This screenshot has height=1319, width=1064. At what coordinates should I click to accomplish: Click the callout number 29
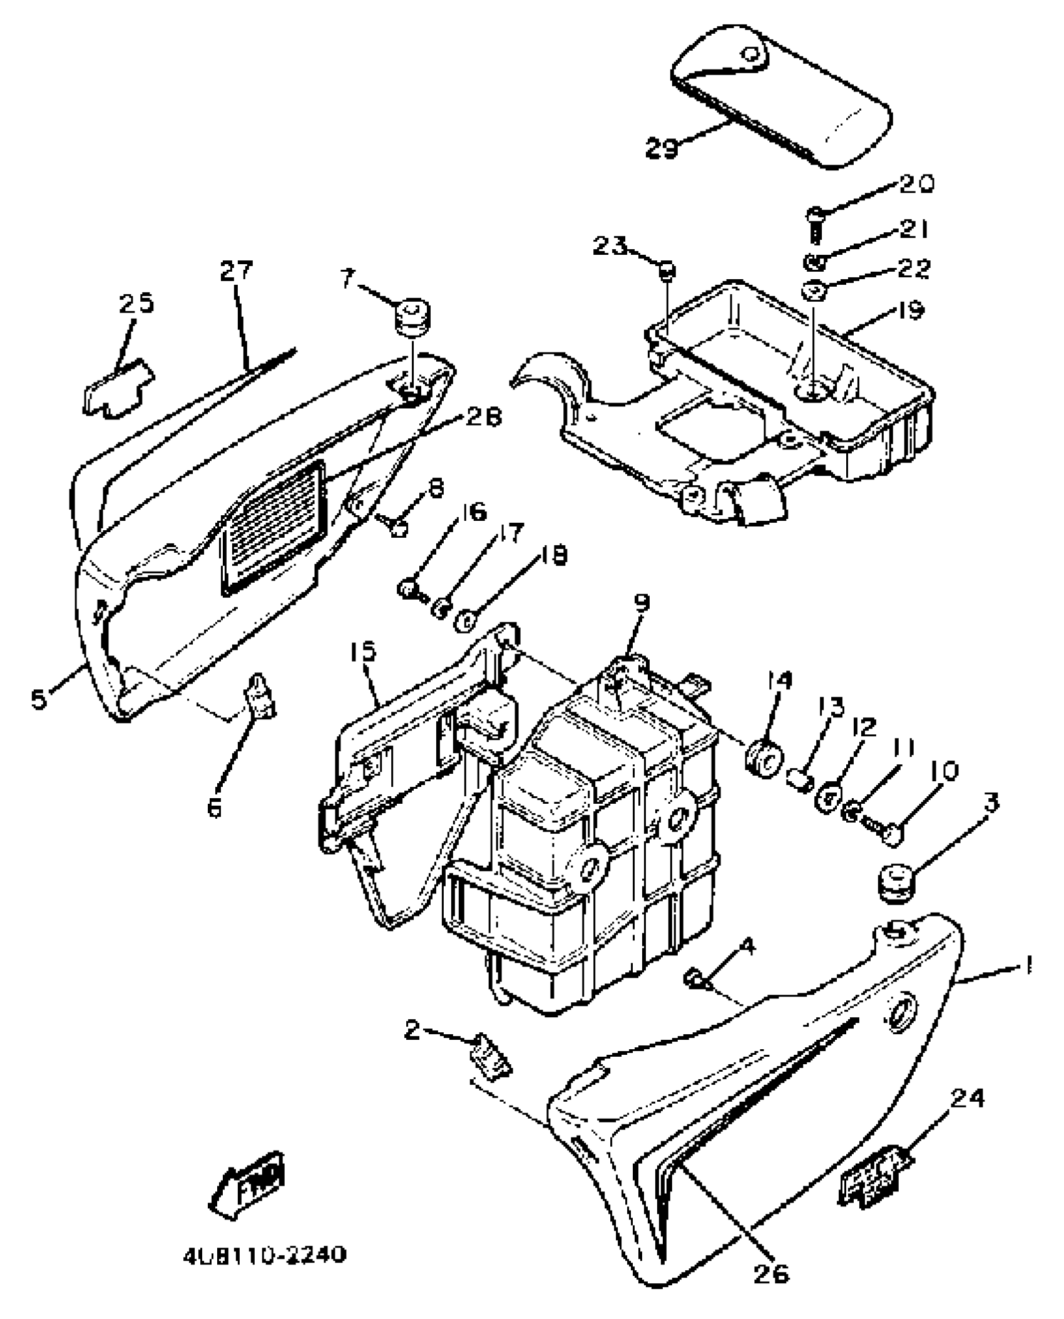[662, 148]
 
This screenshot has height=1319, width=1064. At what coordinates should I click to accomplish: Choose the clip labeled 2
[491, 1060]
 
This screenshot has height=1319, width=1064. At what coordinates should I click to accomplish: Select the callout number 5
[39, 699]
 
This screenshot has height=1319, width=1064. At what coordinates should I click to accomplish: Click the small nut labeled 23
[667, 270]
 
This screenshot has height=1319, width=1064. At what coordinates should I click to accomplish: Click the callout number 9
[642, 603]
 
